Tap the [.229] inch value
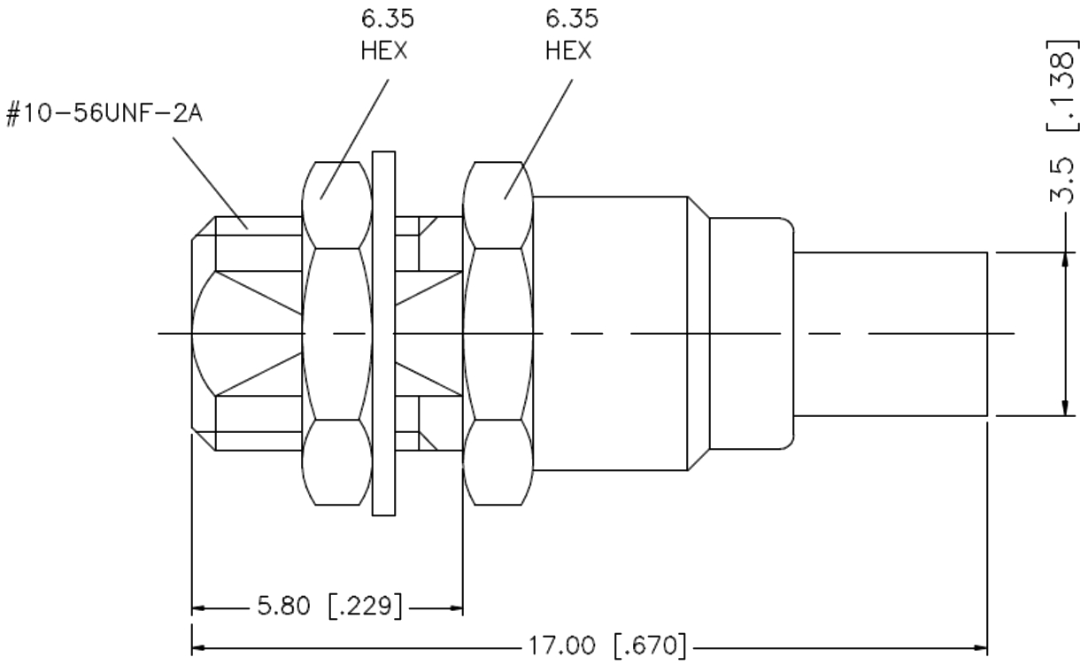[x=365, y=607]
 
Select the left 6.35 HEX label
[x=384, y=35]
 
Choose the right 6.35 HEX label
[x=568, y=35]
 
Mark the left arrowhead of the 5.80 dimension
[x=200, y=608]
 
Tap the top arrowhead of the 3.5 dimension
[x=1062, y=259]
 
